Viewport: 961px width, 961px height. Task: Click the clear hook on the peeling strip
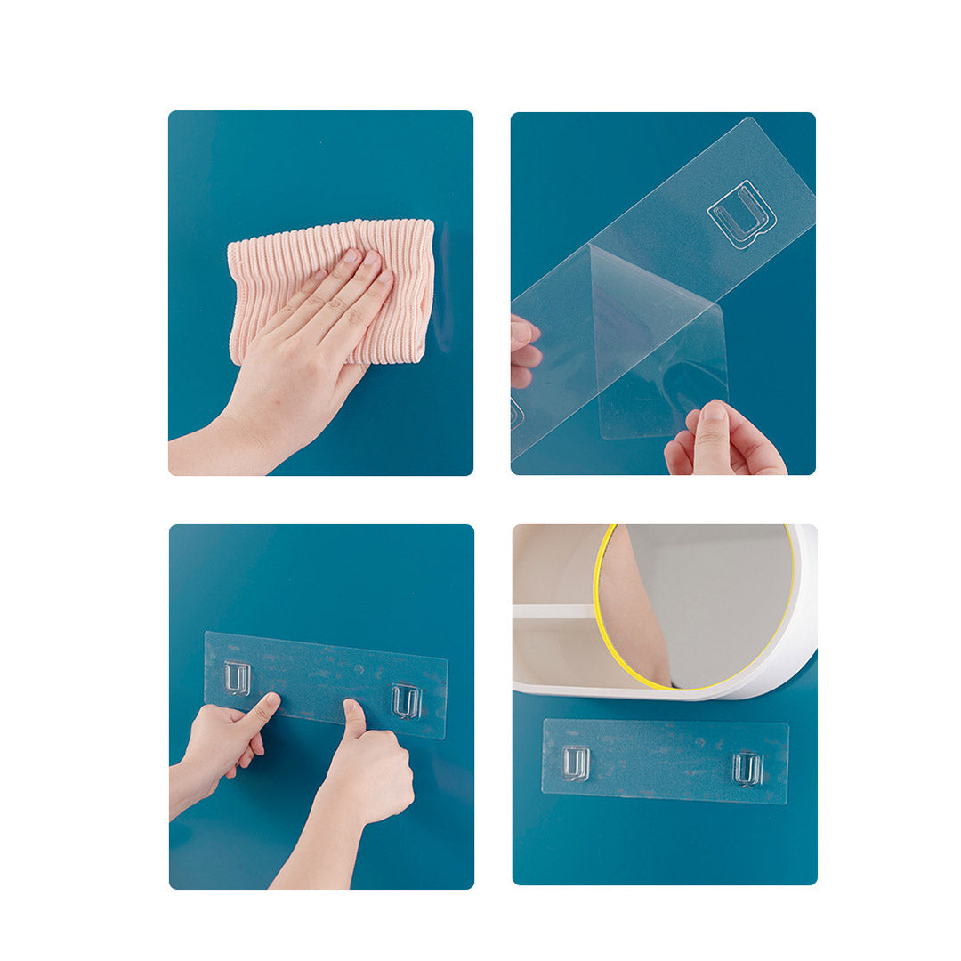pos(741,214)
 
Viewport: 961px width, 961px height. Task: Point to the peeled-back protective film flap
pos(658,356)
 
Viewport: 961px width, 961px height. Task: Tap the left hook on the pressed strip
pos(237,677)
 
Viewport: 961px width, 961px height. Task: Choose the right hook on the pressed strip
pos(406,700)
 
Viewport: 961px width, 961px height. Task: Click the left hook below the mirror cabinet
pos(576,763)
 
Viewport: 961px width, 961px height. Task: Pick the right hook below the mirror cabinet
pos(747,768)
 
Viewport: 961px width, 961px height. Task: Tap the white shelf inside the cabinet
pos(552,612)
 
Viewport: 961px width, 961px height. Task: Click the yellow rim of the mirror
pos(598,605)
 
